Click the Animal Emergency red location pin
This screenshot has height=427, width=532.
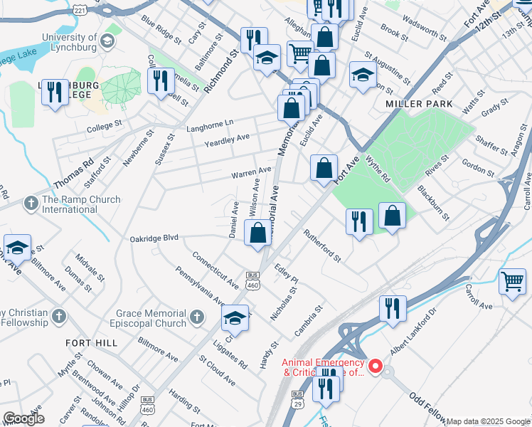pos(378,369)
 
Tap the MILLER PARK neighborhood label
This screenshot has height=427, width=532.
pos(410,104)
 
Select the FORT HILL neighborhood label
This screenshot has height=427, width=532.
pos(91,343)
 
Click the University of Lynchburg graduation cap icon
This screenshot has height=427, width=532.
pos(107,42)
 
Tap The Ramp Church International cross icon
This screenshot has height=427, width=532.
pos(31,204)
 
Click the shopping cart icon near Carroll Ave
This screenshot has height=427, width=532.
pos(512,281)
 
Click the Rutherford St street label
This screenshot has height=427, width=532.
pos(323,244)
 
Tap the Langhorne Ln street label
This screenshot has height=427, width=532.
pos(210,125)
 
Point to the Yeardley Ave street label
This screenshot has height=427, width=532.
pos(227,137)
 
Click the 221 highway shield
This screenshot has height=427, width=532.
pos(80,11)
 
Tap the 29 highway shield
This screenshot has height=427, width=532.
pos(297,394)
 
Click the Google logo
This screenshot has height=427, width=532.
pos(23,418)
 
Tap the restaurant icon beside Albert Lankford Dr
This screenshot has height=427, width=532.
pos(392,308)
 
